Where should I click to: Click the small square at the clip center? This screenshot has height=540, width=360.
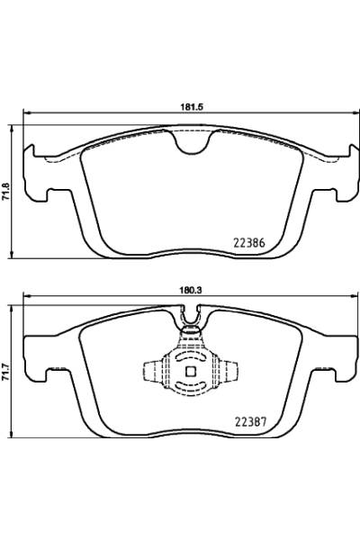click(x=191, y=373)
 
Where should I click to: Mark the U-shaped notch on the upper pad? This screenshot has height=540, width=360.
click(x=192, y=142)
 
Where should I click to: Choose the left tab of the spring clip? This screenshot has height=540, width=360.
click(x=150, y=372)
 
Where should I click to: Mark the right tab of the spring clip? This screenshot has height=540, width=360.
click(x=232, y=372)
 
